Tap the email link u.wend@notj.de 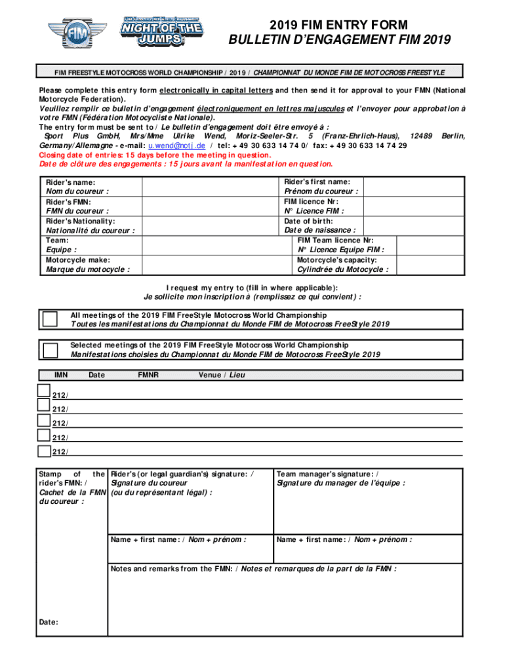(x=176, y=145)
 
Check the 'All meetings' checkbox (x=50, y=318)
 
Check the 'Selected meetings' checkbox (x=50, y=350)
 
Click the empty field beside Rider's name (x=209, y=186)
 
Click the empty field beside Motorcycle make (x=209, y=264)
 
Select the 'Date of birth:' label (x=308, y=221)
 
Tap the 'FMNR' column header (x=148, y=375)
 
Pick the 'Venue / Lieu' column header (x=222, y=375)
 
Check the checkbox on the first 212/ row (x=44, y=391)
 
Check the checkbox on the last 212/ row (x=44, y=451)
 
